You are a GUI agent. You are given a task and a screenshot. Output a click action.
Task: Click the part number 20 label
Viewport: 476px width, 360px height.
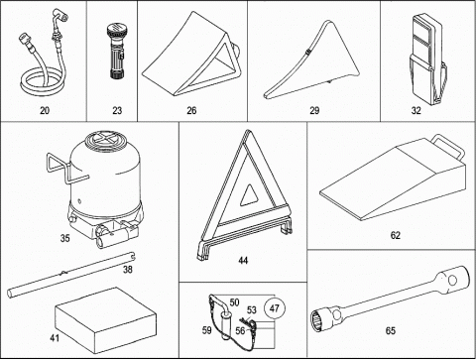[45, 110]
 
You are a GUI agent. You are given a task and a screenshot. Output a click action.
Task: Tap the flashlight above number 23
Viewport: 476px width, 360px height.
[116, 54]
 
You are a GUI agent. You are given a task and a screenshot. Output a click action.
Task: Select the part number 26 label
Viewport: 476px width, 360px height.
[191, 110]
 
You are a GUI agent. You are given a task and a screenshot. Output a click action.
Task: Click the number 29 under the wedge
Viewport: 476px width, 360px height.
[314, 110]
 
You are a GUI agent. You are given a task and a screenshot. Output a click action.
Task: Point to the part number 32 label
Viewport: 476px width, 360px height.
[416, 110]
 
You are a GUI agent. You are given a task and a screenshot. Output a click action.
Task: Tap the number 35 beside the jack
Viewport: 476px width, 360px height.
[65, 238]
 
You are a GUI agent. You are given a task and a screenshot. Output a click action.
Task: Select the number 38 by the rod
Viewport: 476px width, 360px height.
[128, 270]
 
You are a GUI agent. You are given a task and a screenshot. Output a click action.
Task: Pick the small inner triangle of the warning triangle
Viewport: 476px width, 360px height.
[249, 195]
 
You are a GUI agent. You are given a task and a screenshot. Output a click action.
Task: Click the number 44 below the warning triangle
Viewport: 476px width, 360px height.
[243, 261]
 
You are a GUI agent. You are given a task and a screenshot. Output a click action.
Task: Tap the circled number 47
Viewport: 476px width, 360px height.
[275, 308]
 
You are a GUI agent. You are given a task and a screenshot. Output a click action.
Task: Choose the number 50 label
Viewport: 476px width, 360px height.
[234, 302]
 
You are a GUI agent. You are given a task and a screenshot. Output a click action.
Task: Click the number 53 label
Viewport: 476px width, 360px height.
[252, 310]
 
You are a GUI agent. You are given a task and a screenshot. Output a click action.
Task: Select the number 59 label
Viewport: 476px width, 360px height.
[206, 330]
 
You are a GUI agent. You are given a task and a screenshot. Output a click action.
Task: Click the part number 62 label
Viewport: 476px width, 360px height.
[396, 235]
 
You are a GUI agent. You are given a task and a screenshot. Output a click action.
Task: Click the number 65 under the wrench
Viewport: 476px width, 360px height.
[391, 330]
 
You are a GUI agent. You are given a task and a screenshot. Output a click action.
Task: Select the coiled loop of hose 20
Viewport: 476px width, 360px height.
[42, 87]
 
